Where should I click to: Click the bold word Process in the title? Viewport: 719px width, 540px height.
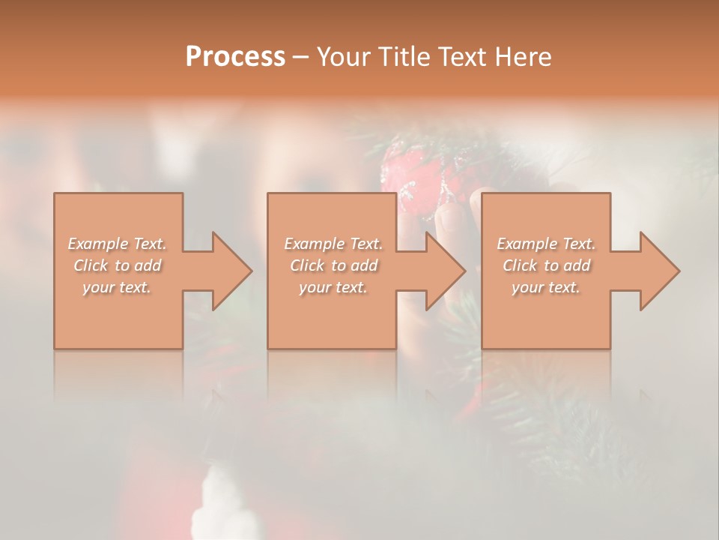click(235, 57)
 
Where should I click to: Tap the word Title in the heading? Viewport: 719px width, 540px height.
click(405, 57)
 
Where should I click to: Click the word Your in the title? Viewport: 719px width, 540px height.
click(345, 57)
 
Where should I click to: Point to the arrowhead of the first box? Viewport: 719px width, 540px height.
click(228, 271)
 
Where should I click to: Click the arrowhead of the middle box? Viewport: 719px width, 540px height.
click(442, 271)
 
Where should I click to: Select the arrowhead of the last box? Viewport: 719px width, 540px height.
click(656, 271)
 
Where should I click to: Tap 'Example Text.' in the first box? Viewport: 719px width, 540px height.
click(118, 244)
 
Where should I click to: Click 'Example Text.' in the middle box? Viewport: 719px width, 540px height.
click(333, 244)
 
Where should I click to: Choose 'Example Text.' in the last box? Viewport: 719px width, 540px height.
click(546, 244)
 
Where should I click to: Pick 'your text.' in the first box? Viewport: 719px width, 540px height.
click(117, 287)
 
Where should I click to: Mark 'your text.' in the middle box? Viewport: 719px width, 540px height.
click(333, 287)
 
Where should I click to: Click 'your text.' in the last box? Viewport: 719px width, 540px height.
click(545, 287)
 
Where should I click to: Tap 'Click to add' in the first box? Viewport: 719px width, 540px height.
click(118, 265)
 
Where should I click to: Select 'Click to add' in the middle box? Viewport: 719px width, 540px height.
click(333, 265)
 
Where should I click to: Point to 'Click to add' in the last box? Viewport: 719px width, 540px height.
click(546, 265)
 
